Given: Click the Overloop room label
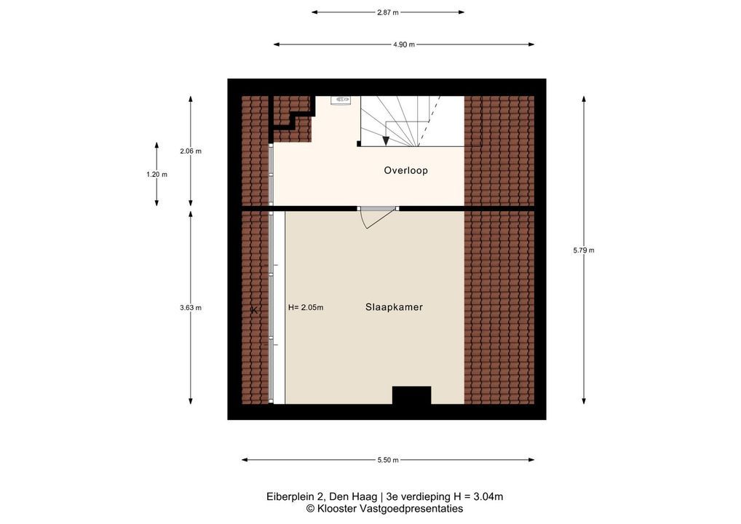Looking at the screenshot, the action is click(x=405, y=170).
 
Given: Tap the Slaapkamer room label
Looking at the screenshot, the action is click(x=394, y=307).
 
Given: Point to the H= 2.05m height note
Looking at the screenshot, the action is click(x=306, y=308).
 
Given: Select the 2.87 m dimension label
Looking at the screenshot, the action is click(x=387, y=12).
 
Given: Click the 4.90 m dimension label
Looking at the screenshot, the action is click(x=403, y=44).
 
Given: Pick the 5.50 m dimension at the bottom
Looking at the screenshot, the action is click(x=387, y=460).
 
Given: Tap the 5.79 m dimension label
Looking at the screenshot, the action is click(x=584, y=250).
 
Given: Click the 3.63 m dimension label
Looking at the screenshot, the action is click(x=191, y=308).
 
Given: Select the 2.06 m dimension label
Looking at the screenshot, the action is click(x=191, y=151).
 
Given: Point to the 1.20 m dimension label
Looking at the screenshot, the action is click(x=156, y=175).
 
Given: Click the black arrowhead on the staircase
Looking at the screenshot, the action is click(x=386, y=140).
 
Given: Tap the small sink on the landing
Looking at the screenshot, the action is click(x=340, y=100).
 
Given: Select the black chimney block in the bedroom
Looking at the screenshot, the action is click(x=411, y=395).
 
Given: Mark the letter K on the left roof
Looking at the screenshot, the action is click(x=254, y=311).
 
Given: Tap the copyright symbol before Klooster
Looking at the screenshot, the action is click(x=311, y=509).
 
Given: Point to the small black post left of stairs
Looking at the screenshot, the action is click(x=359, y=143).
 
